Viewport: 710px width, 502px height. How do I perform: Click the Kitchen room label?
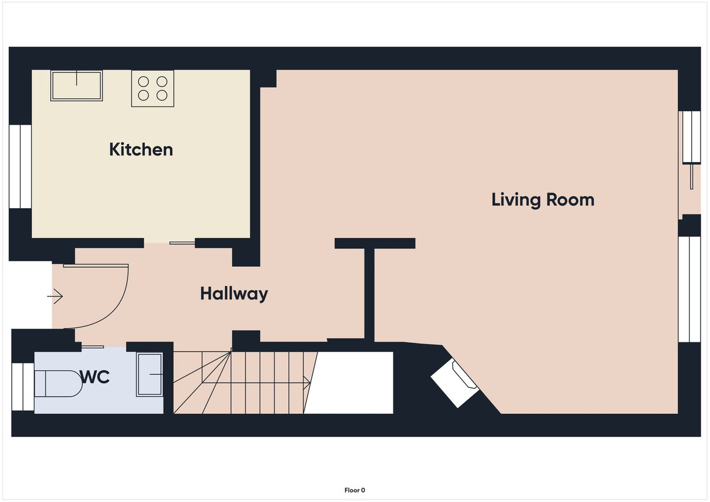click(x=141, y=150)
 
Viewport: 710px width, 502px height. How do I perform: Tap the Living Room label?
click(x=543, y=200)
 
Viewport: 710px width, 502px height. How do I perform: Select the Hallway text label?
click(x=234, y=294)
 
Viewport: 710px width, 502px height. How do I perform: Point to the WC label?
click(x=95, y=377)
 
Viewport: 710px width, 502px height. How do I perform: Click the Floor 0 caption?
click(x=354, y=490)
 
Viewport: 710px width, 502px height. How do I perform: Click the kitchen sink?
click(x=76, y=86)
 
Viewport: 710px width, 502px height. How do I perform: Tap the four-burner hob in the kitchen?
click(x=153, y=88)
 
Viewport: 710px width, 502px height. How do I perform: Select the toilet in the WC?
click(x=58, y=384)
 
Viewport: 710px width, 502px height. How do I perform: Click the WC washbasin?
click(x=150, y=374)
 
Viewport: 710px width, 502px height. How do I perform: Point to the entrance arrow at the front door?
click(x=55, y=296)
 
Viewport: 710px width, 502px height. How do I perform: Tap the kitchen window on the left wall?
click(x=20, y=167)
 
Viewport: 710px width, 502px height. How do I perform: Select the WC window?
click(x=23, y=386)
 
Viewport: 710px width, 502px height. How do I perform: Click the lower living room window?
click(x=689, y=289)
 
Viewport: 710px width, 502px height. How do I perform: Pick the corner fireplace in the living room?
click(x=454, y=384)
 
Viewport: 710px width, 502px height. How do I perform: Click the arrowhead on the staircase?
click(x=307, y=383)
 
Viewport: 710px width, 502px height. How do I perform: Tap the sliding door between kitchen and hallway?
click(x=182, y=243)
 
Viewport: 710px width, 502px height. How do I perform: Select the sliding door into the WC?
click(x=92, y=347)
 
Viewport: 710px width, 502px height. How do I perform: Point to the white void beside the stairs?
click(x=348, y=383)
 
